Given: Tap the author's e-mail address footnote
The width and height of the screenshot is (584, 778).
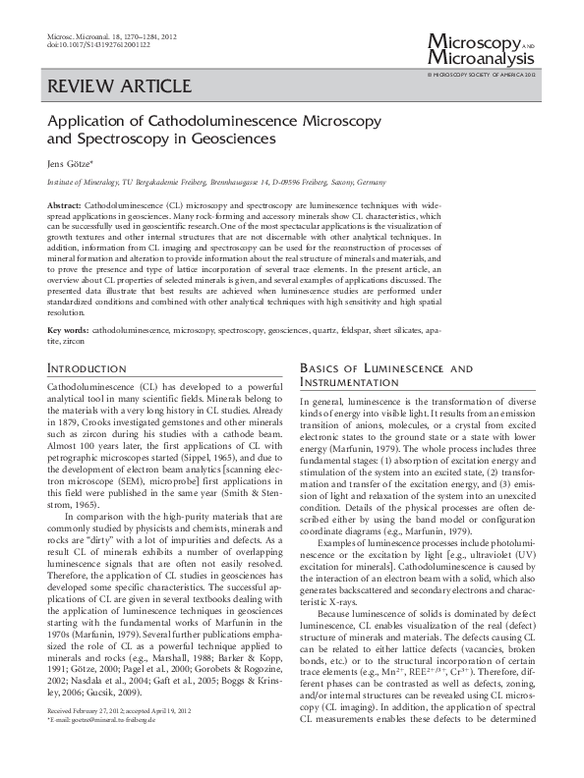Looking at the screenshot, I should pyautogui.click(x=104, y=748).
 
